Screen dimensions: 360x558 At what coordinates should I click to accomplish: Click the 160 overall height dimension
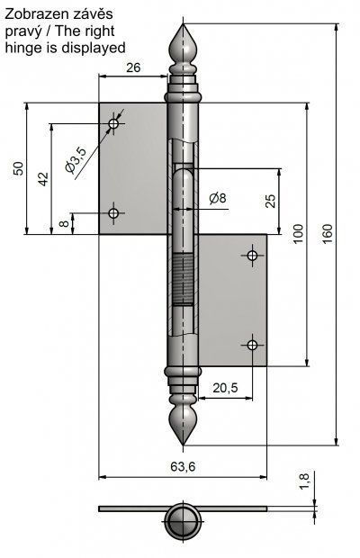coord(328,233)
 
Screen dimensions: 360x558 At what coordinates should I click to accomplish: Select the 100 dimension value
coord(298,233)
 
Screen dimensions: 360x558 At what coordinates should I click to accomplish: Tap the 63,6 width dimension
coord(183,466)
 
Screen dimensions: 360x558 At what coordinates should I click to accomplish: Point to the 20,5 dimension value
coord(225,388)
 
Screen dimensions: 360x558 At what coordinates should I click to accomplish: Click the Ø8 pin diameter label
coord(218,198)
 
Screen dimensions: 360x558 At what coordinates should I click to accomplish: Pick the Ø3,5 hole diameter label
coord(76,160)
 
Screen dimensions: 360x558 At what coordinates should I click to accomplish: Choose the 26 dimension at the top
coord(133,67)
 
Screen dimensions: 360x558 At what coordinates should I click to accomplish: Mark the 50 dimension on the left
coord(18,168)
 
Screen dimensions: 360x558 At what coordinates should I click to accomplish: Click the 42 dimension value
coord(43,179)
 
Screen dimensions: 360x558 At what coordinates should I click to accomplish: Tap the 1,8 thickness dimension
coord(304,480)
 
